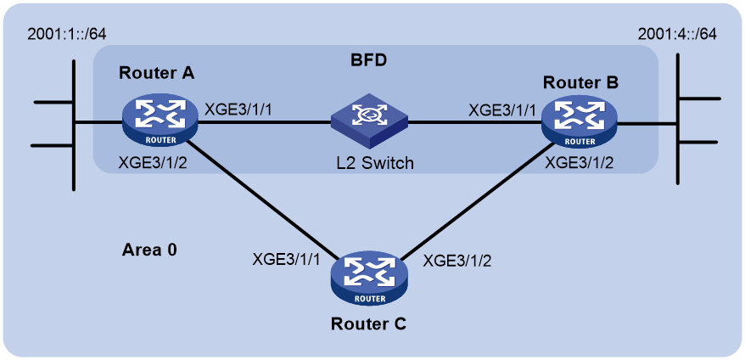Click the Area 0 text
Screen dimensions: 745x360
(149, 250)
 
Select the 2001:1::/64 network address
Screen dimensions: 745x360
(66, 35)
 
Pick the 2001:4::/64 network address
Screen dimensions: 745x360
(677, 35)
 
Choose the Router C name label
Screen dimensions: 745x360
(369, 324)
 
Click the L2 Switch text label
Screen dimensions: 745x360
(373, 164)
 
